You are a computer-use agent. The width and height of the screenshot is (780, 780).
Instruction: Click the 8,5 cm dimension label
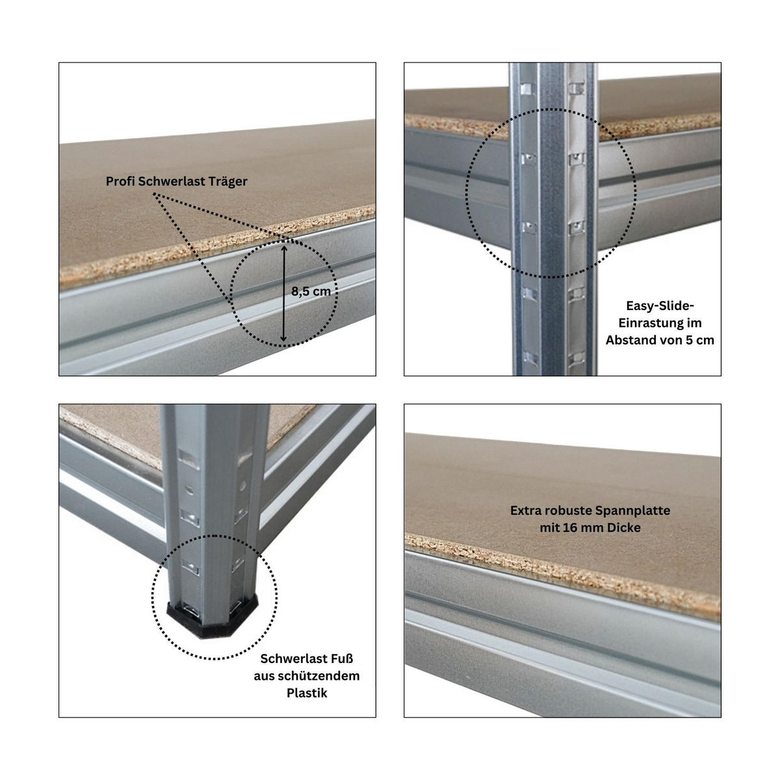click(x=311, y=292)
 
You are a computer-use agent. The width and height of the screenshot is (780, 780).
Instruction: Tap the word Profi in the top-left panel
click(x=121, y=182)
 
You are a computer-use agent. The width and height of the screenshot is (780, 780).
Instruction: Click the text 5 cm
click(x=699, y=339)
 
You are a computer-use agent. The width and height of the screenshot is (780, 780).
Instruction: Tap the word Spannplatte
click(x=634, y=510)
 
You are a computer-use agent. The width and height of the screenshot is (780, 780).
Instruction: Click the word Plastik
click(x=307, y=693)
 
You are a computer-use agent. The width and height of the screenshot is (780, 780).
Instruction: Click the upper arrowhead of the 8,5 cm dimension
click(x=284, y=245)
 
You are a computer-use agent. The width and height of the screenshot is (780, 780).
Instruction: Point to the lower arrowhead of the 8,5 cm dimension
click(x=284, y=339)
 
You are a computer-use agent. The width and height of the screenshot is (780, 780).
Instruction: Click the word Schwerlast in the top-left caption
click(x=171, y=182)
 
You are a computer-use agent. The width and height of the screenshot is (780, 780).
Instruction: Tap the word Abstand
click(x=630, y=339)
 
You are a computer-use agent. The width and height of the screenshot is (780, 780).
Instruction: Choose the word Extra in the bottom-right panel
click(x=526, y=510)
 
